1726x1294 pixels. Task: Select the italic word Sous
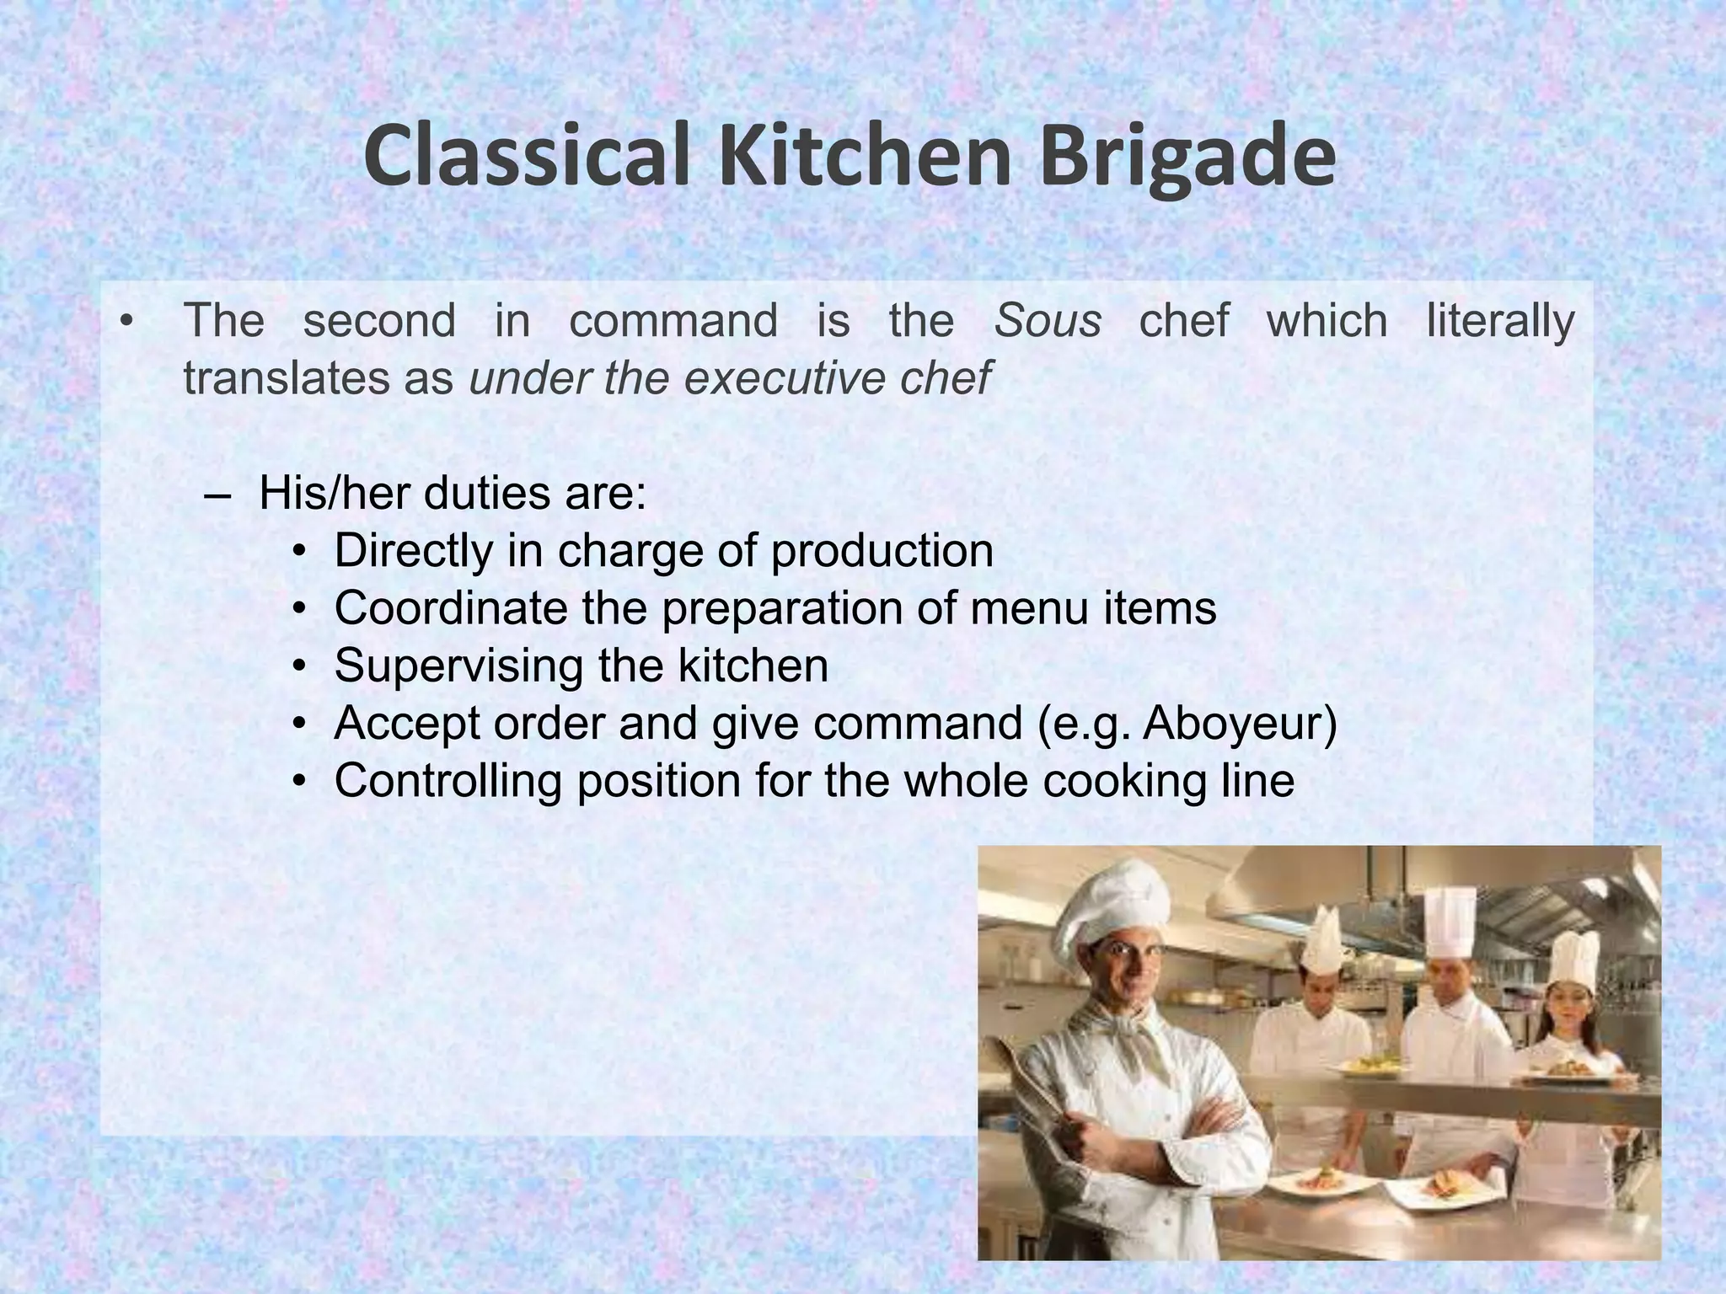(x=1048, y=320)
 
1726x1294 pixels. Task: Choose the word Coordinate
(x=450, y=607)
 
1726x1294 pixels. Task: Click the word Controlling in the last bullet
(x=448, y=780)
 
